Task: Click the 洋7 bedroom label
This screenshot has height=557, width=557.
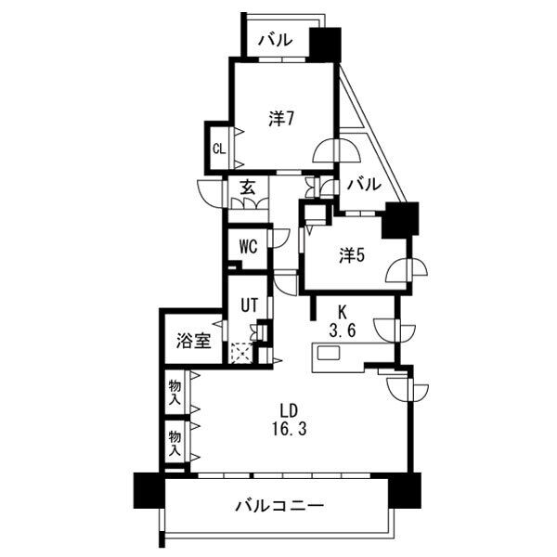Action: (x=280, y=119)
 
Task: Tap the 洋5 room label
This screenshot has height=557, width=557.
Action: (x=352, y=255)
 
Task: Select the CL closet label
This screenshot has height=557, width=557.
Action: (x=219, y=149)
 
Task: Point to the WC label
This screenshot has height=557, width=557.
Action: (x=248, y=247)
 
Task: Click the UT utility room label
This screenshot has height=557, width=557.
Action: (x=249, y=304)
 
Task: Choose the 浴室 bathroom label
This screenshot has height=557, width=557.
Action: (x=194, y=341)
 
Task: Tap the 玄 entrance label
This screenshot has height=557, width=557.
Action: (x=248, y=188)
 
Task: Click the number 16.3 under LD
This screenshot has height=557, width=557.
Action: (x=290, y=430)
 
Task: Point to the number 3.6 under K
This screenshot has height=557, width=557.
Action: (x=342, y=330)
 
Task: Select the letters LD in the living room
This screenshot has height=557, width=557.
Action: (x=289, y=411)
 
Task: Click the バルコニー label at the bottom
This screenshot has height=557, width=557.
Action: (x=280, y=506)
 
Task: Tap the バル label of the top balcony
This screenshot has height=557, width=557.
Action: (x=276, y=40)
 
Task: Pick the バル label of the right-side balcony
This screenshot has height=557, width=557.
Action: (x=364, y=185)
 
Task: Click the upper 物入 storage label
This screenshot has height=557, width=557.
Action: (x=175, y=392)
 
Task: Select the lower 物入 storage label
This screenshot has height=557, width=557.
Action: (x=175, y=443)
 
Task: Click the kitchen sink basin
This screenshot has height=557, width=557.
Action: (x=329, y=353)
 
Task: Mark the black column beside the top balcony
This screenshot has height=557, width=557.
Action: (x=325, y=45)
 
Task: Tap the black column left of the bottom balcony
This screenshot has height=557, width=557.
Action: (x=149, y=490)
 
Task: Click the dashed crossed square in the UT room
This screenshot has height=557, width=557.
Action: (x=241, y=353)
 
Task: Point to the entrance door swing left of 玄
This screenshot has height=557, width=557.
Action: (x=211, y=194)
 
